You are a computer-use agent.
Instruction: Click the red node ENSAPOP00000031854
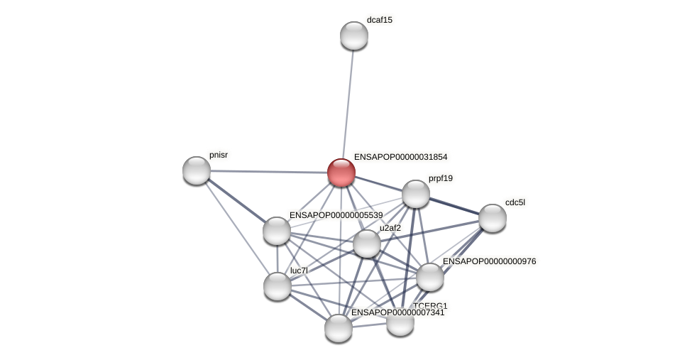pos(341,173)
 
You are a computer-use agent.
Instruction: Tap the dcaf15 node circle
pos(354,36)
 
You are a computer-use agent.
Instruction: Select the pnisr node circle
pos(197,170)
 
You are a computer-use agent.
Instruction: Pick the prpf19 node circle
pos(416,194)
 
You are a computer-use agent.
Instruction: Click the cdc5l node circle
pos(493,218)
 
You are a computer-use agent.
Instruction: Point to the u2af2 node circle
pos(367,244)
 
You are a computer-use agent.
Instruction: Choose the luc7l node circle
pos(278,286)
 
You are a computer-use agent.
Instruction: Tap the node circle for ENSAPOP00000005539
pos(277,231)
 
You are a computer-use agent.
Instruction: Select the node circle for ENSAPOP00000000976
pos(430,277)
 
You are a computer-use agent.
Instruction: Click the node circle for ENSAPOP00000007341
pos(339,328)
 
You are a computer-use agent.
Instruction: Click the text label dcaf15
pos(379,20)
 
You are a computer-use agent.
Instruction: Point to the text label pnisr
pos(219,155)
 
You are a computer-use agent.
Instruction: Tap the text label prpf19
pos(440,178)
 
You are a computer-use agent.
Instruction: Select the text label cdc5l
pos(515,202)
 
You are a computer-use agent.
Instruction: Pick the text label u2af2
pos(390,228)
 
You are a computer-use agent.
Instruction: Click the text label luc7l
pos(299,271)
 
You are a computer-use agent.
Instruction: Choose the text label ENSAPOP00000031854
pos(400,157)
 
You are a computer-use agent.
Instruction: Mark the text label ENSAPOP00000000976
pos(489,261)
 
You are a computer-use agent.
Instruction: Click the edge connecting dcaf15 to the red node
pos(348,104)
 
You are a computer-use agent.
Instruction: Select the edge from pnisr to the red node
pos(269,172)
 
